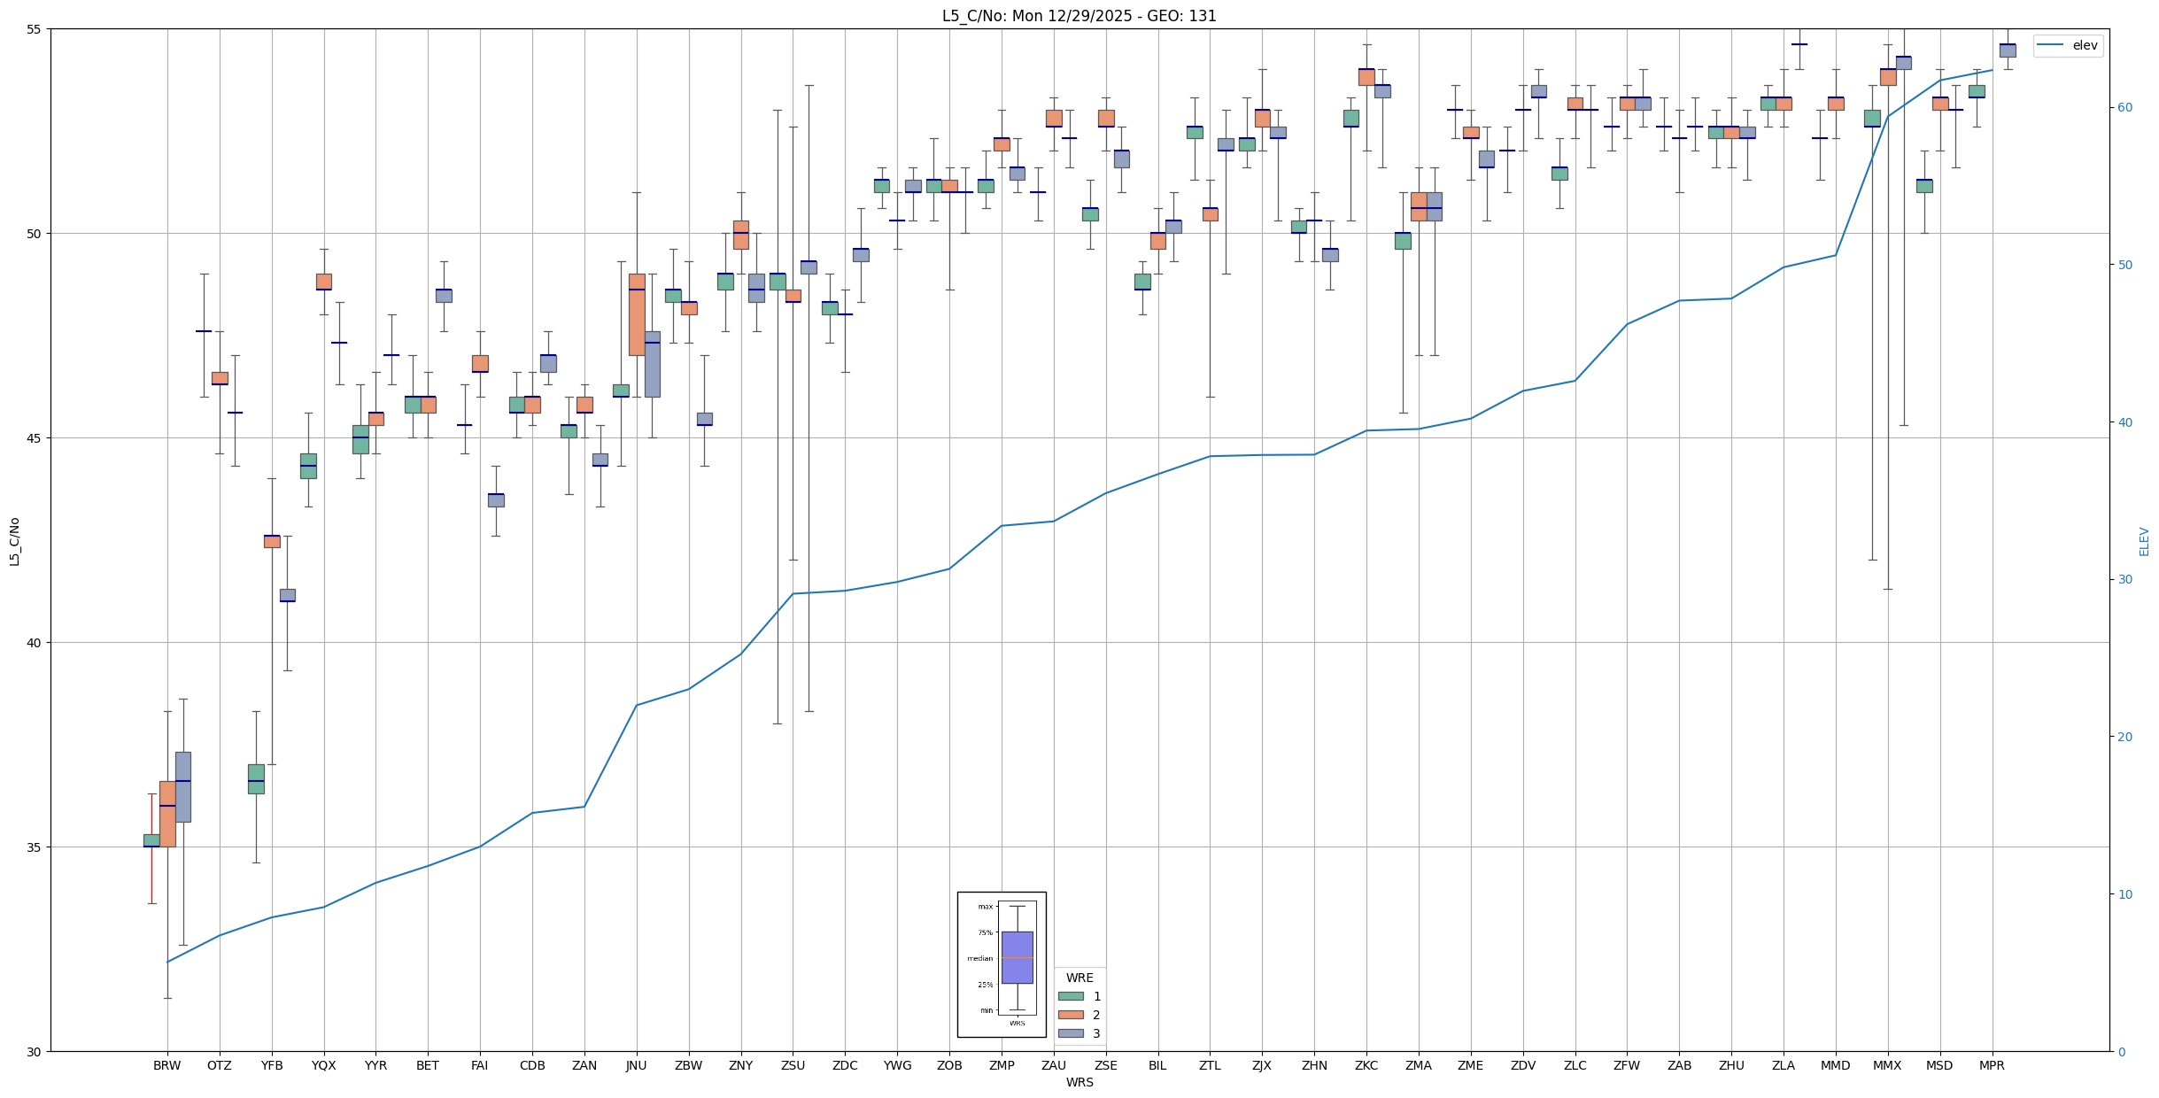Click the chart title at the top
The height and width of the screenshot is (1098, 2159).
tap(1079, 16)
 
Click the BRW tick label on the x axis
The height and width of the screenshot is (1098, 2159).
tap(166, 1065)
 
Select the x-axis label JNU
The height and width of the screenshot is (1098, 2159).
tap(636, 1065)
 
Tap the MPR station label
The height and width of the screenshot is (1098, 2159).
tap(1992, 1065)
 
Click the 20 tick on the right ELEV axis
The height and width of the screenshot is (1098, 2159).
tap(2124, 737)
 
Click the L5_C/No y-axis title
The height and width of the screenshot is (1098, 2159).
tap(14, 541)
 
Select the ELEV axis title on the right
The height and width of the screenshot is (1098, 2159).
tap(2144, 541)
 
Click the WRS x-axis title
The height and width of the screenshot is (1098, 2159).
tap(1079, 1082)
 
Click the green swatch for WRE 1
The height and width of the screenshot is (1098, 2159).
tap(1071, 996)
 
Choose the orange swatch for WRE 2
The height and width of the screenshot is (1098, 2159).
tap(1071, 1015)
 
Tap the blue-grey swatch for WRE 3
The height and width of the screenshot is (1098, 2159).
tap(1071, 1033)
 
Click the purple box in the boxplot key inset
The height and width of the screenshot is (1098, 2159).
tap(1017, 957)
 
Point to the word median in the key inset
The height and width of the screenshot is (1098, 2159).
tap(979, 958)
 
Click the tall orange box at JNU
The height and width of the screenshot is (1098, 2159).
tap(637, 314)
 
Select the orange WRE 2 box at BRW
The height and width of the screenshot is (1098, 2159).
tap(167, 814)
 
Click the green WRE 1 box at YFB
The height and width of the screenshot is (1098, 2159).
tap(256, 778)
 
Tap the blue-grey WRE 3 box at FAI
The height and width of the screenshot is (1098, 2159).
tap(496, 500)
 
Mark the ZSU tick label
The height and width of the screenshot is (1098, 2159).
tap(793, 1065)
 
